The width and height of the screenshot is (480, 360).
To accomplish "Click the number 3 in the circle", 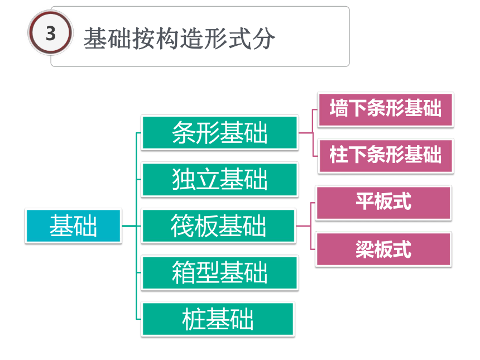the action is click(51, 33).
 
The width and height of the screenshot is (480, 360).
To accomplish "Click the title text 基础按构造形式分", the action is click(179, 39).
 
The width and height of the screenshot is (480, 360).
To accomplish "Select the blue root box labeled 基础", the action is click(74, 226).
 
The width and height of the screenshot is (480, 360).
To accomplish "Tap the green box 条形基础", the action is click(219, 133).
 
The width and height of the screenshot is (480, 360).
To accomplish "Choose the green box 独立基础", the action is click(219, 179).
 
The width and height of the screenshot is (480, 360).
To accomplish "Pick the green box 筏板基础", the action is click(218, 226).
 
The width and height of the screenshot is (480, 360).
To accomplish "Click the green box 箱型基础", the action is click(219, 272).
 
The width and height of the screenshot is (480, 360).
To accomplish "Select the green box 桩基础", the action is click(218, 319).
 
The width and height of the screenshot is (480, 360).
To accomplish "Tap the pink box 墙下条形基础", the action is click(386, 109).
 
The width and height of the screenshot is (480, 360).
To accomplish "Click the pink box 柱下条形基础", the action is click(386, 156).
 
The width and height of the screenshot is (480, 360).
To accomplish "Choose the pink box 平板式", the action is click(383, 203).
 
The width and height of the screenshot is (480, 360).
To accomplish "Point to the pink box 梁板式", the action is click(383, 249).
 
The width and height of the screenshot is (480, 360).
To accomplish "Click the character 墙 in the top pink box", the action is click(339, 108).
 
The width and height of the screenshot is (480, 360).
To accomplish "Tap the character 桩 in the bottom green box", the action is click(194, 319).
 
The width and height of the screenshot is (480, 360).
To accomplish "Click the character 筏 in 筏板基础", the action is click(182, 226).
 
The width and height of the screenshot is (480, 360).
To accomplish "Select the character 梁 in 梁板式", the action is click(364, 249).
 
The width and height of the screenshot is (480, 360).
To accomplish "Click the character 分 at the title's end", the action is click(263, 39).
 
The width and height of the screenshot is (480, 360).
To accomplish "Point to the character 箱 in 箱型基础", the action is click(184, 272).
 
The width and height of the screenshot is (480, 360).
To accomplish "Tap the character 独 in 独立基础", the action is click(184, 179).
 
